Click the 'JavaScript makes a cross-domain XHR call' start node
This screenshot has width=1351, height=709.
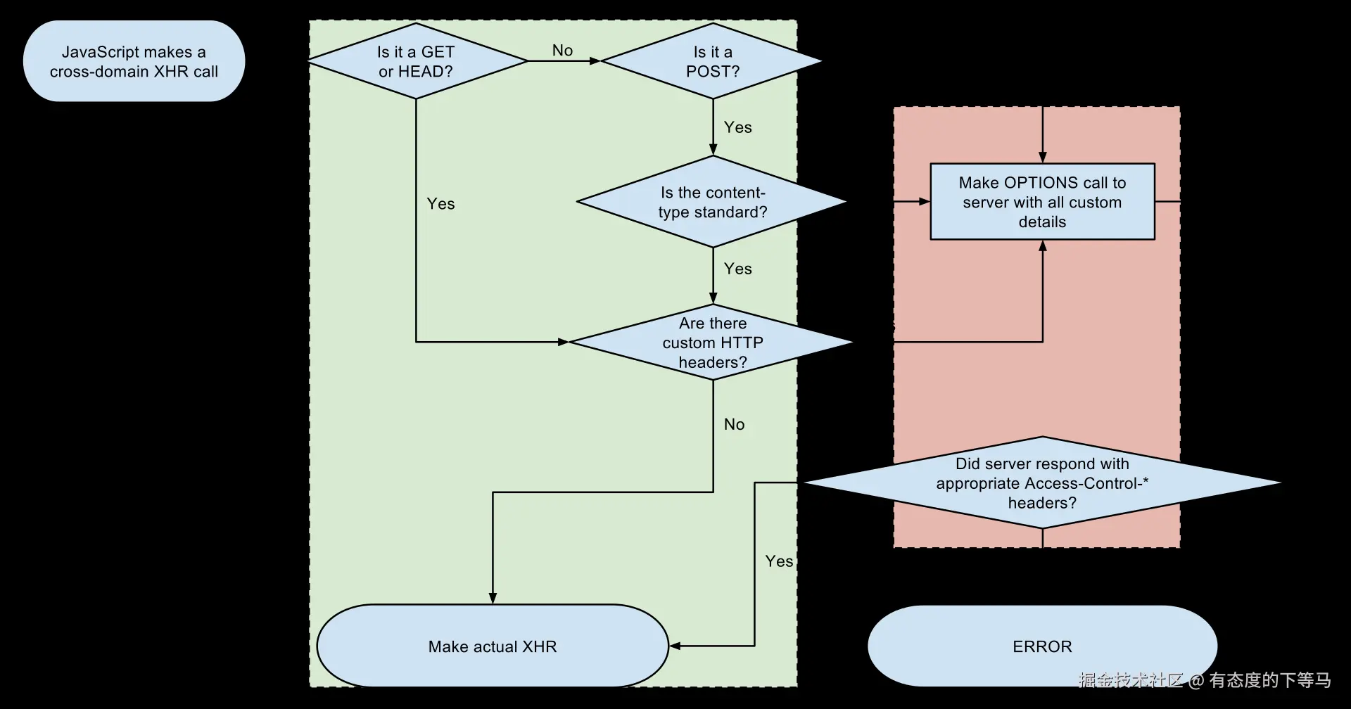tap(134, 61)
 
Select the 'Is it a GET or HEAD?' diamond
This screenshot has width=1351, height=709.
tap(417, 61)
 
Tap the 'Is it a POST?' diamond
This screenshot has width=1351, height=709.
tap(713, 61)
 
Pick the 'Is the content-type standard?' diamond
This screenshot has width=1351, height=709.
tap(713, 202)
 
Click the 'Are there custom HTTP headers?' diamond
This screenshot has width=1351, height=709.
tap(713, 343)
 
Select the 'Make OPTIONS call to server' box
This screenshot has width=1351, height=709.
tap(1042, 202)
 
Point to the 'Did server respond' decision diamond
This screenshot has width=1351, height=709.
tap(1042, 483)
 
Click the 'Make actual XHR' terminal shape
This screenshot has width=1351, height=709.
tap(493, 646)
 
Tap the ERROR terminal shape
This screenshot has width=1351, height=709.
tap(1042, 646)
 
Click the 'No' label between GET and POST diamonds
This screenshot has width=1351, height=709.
tap(562, 51)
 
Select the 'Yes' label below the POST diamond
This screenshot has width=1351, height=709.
tap(737, 127)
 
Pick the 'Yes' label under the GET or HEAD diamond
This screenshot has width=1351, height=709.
tap(440, 204)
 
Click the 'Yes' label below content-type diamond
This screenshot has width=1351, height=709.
tap(737, 269)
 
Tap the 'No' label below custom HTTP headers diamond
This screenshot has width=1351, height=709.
tap(734, 424)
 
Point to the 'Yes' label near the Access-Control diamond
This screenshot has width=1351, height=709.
tap(779, 561)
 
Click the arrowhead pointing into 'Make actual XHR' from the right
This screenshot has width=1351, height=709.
tap(674, 646)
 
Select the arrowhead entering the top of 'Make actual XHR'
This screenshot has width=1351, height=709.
tap(493, 599)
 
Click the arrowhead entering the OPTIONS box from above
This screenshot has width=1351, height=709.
tap(1042, 158)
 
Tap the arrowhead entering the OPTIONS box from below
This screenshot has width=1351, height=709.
tap(1042, 245)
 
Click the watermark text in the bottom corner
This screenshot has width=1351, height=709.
tap(1205, 680)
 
